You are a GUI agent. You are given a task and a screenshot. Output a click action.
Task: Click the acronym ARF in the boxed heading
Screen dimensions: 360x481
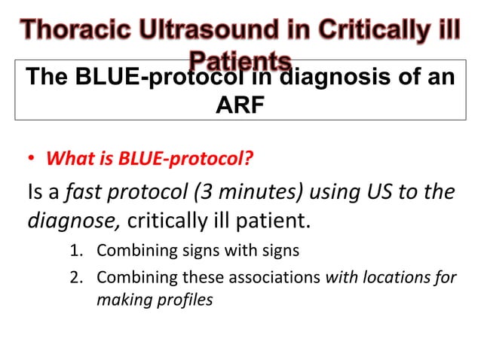point(240,105)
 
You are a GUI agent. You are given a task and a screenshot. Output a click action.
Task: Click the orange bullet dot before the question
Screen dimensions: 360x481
point(30,160)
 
